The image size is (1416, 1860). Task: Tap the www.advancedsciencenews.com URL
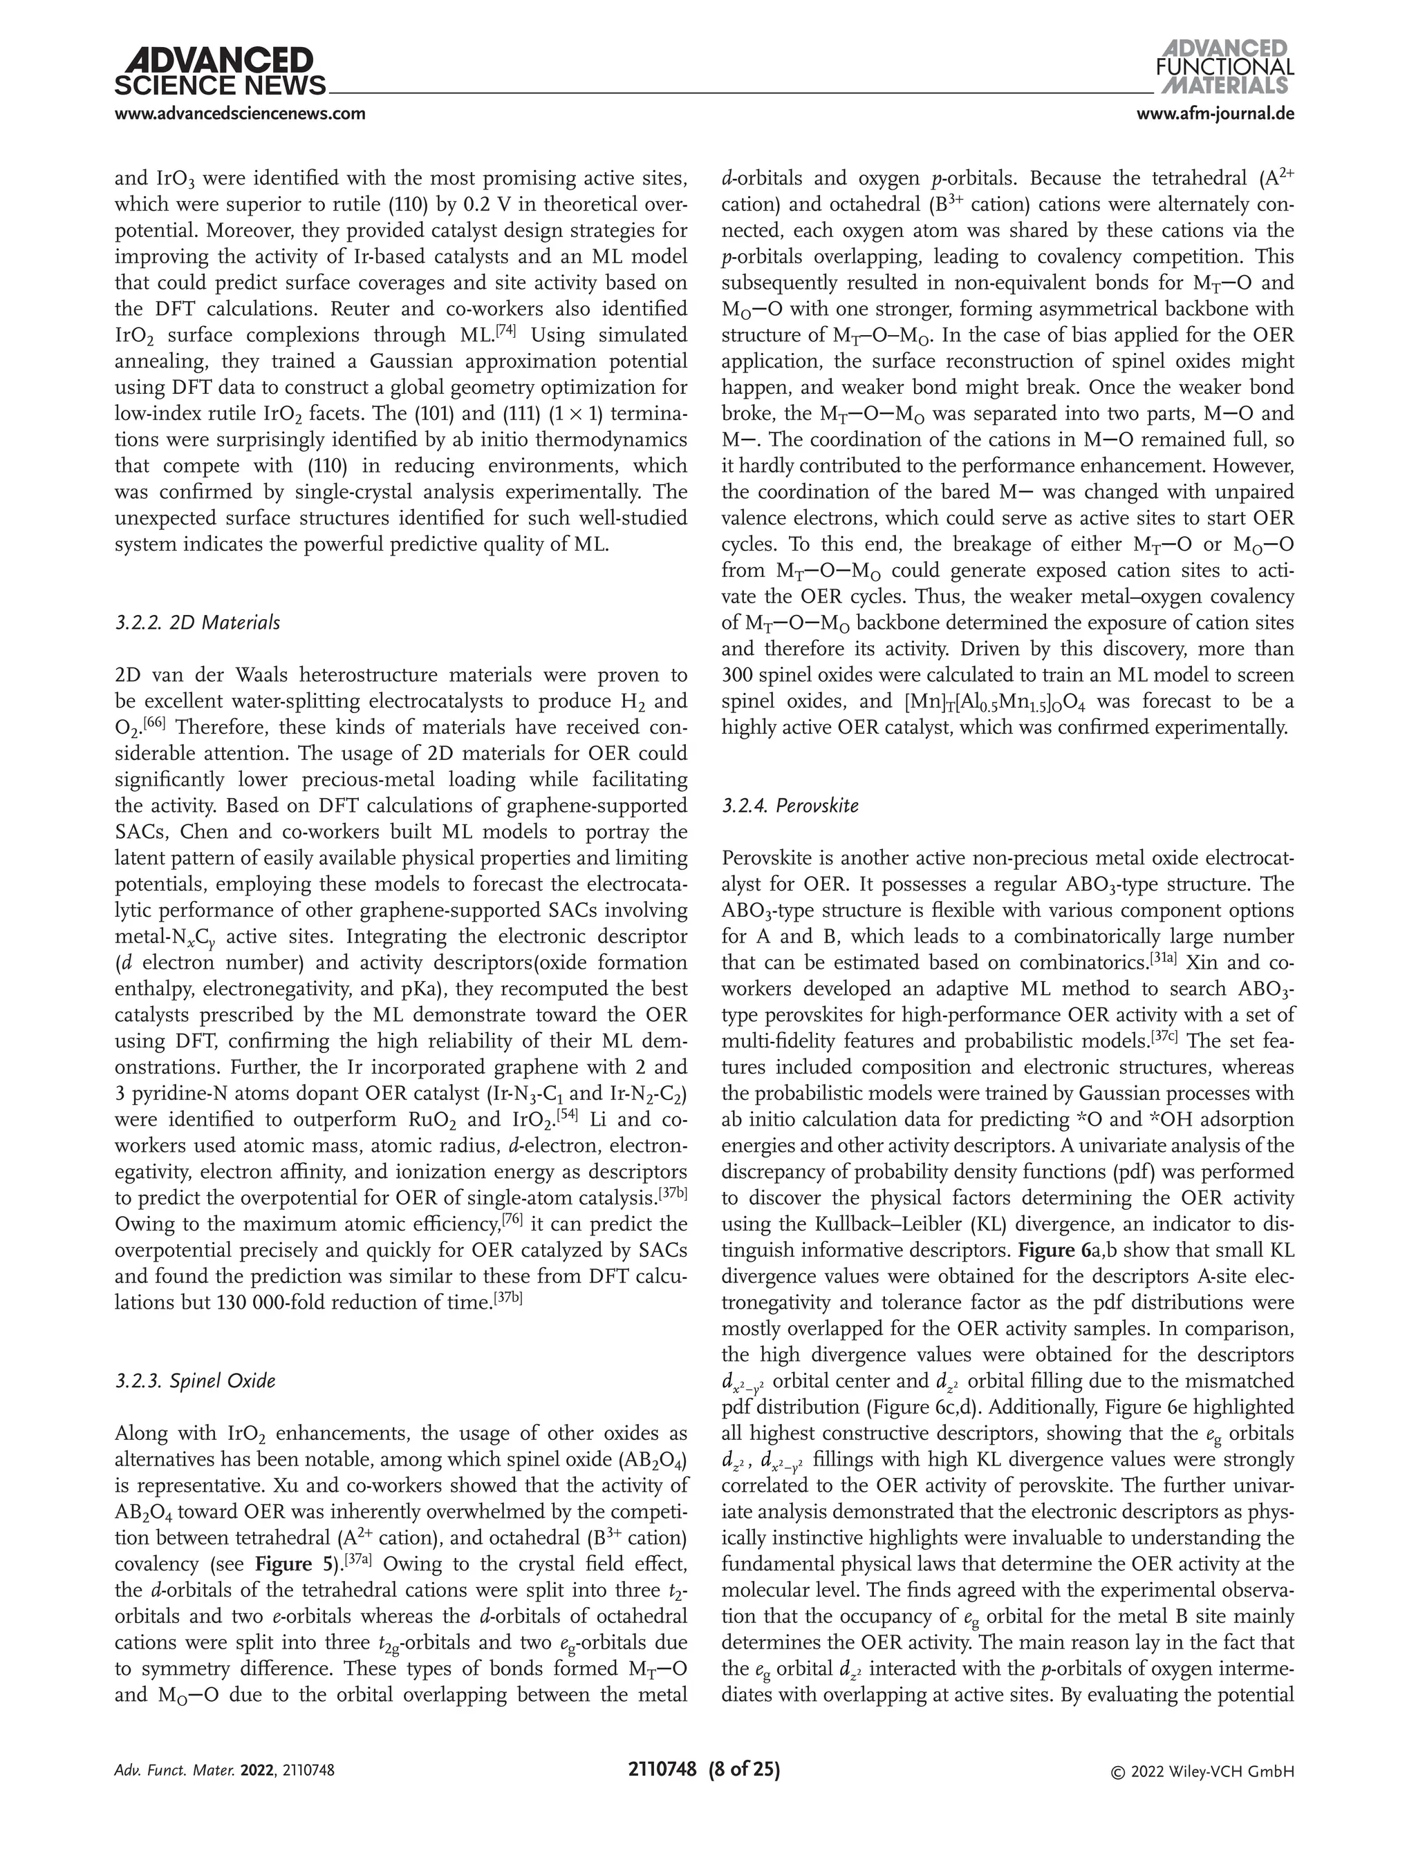point(240,114)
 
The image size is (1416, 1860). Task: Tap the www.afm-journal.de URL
point(1215,114)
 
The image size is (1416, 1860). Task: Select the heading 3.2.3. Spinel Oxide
point(195,1380)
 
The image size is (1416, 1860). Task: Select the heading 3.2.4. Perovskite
point(790,806)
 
